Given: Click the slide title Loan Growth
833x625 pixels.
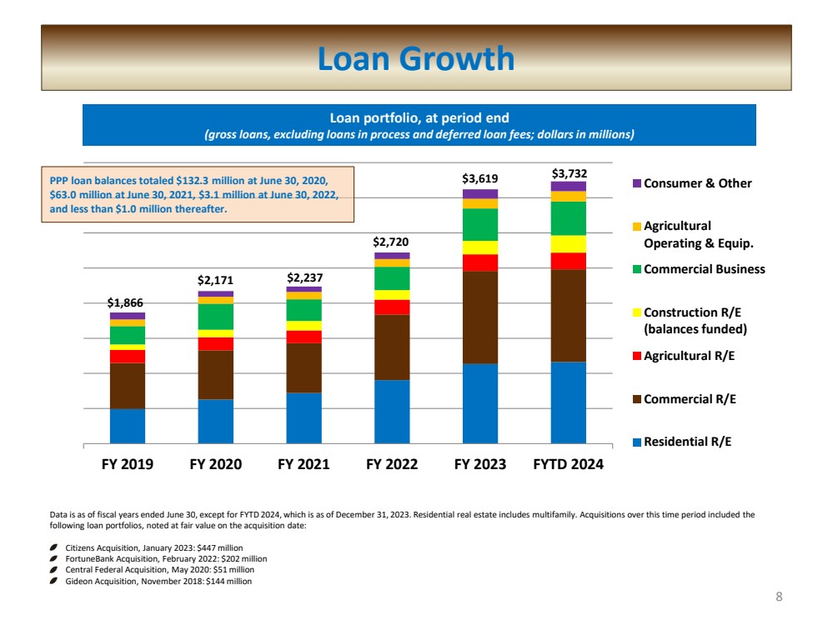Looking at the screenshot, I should (416, 58).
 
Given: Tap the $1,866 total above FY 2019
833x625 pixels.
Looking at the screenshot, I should (127, 304).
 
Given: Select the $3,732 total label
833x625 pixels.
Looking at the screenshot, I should (568, 173).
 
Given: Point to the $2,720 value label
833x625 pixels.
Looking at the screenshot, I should (391, 242).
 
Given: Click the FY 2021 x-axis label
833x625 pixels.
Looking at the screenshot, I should (304, 464).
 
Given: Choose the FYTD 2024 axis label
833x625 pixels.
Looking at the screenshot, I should (568, 464).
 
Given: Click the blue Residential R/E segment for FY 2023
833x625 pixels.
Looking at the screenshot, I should (479, 403).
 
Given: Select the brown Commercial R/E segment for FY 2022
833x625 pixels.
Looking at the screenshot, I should (391, 347).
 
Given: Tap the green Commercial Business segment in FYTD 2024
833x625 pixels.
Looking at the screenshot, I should (568, 218).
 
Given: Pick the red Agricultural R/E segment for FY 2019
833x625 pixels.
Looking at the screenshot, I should (127, 356).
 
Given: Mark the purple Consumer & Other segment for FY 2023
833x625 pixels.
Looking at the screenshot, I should (479, 193).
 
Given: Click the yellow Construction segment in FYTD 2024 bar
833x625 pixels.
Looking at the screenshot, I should (568, 243).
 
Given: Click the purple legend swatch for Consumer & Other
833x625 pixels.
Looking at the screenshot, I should (636, 183).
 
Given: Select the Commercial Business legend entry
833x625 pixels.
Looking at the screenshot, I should (704, 269).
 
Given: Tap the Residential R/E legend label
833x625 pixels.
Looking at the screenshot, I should (687, 442).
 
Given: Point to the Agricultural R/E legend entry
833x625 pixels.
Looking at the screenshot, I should (689, 356).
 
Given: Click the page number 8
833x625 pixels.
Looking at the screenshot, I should (779, 596).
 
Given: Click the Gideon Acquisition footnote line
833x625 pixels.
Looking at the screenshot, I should (158, 581).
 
